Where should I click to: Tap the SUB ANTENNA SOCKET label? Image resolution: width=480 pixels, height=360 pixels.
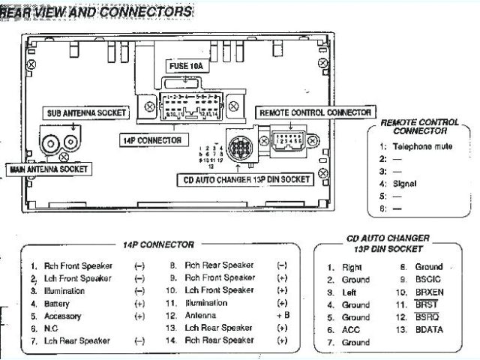click(x=82, y=112)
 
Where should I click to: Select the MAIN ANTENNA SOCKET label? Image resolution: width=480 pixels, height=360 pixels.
click(x=48, y=169)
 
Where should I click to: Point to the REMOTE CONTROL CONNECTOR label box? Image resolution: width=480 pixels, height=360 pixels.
click(x=315, y=112)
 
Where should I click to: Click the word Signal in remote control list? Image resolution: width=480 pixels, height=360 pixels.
click(x=404, y=183)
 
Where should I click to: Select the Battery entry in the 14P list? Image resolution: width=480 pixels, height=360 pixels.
click(x=57, y=304)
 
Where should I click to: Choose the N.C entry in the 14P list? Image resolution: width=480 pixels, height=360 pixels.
click(x=51, y=328)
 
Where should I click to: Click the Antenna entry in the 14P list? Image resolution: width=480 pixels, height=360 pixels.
click(x=200, y=316)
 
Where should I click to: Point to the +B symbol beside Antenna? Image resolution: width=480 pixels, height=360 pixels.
click(x=283, y=316)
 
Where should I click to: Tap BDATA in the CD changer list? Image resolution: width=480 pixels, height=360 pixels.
click(x=430, y=330)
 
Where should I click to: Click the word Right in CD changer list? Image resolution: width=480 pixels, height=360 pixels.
click(x=352, y=267)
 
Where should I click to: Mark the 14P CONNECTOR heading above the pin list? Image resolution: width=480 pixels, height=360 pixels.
click(x=158, y=244)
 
